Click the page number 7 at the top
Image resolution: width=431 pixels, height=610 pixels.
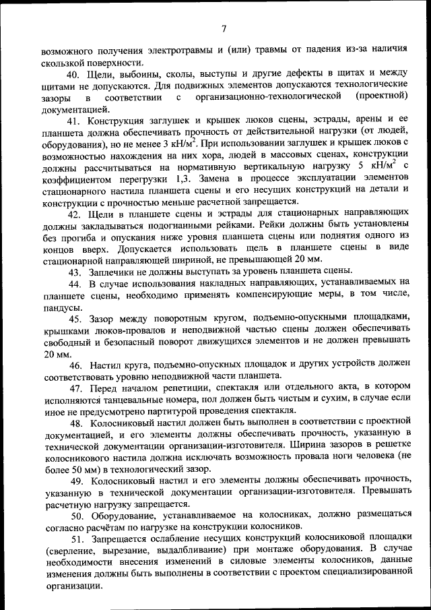(223, 28)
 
